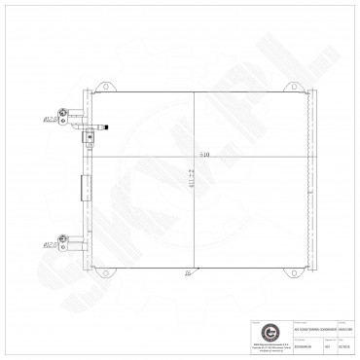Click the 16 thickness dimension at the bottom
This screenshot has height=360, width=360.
185,275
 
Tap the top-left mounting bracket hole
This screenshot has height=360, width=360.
101,94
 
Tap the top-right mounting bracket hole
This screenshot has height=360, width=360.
286,94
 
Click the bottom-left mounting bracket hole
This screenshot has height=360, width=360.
101,270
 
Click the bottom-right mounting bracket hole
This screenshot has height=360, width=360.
286,270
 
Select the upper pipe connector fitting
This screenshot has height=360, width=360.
64,118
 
